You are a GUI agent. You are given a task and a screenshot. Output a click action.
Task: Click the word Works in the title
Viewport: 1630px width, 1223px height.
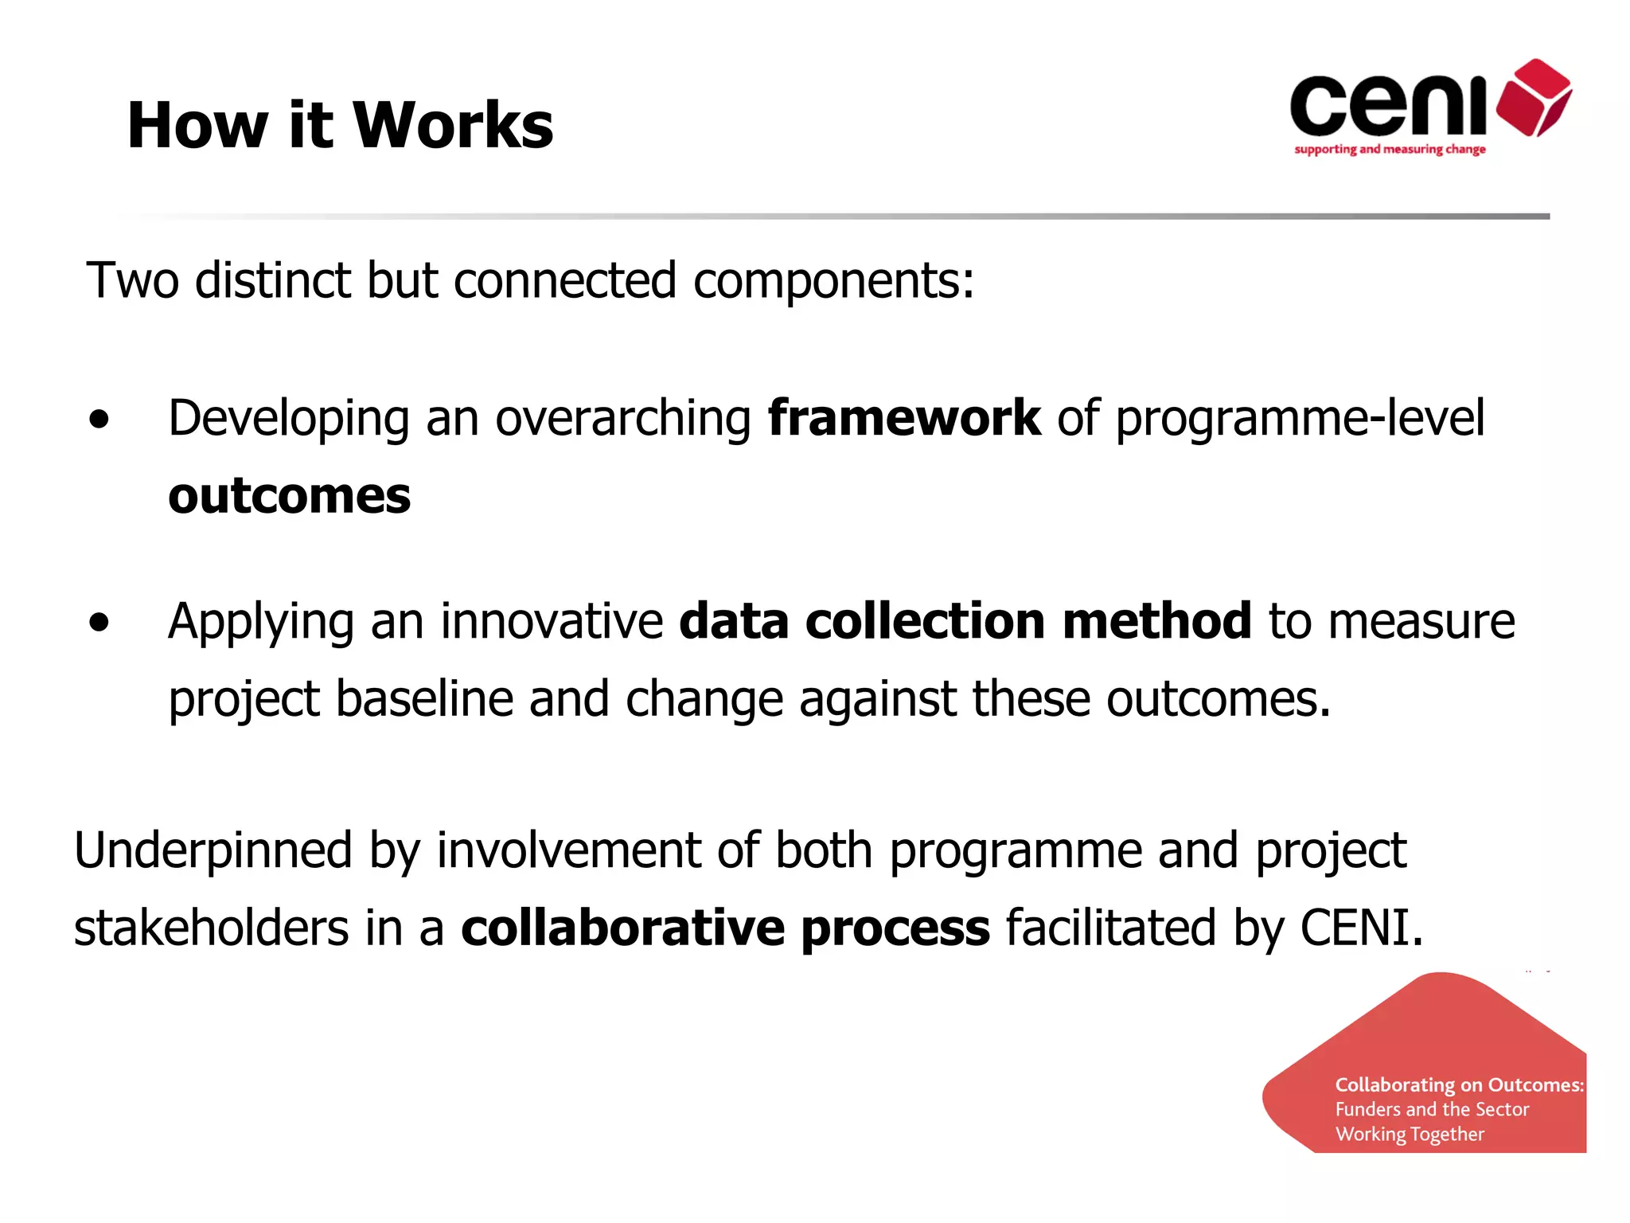(x=452, y=125)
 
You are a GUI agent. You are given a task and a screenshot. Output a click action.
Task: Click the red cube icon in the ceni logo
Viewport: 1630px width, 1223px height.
(x=1534, y=98)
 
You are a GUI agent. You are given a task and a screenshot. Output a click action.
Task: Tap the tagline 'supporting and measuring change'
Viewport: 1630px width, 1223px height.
(x=1390, y=149)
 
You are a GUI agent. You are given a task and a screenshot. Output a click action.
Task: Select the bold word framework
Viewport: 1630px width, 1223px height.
(x=903, y=418)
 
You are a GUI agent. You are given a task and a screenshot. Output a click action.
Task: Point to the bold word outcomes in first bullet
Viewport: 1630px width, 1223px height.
(x=290, y=496)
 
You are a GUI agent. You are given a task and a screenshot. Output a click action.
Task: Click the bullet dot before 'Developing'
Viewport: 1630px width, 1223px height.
(x=99, y=419)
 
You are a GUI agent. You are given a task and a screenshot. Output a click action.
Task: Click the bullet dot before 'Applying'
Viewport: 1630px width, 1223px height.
(x=99, y=622)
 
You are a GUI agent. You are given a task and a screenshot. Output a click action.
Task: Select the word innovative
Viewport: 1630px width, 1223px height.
(x=552, y=621)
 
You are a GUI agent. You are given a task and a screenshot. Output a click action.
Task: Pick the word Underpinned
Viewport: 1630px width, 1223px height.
(x=213, y=850)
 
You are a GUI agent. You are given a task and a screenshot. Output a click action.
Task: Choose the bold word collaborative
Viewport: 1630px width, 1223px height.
(x=622, y=928)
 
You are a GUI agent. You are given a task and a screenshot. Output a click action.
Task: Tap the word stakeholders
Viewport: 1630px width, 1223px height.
(x=211, y=928)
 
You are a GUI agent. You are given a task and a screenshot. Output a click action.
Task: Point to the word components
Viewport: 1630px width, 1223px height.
(x=833, y=281)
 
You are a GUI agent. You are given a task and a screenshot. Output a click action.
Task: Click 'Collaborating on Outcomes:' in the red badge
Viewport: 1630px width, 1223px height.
(x=1459, y=1085)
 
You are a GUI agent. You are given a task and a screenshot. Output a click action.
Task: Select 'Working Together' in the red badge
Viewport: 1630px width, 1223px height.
(x=1410, y=1134)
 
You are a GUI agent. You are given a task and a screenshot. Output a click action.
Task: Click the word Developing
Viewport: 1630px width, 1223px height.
(x=288, y=420)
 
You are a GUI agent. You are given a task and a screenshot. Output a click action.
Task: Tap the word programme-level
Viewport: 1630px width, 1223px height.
(x=1300, y=419)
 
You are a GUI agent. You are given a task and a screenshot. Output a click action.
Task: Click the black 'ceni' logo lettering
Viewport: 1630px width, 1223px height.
(x=1388, y=106)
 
